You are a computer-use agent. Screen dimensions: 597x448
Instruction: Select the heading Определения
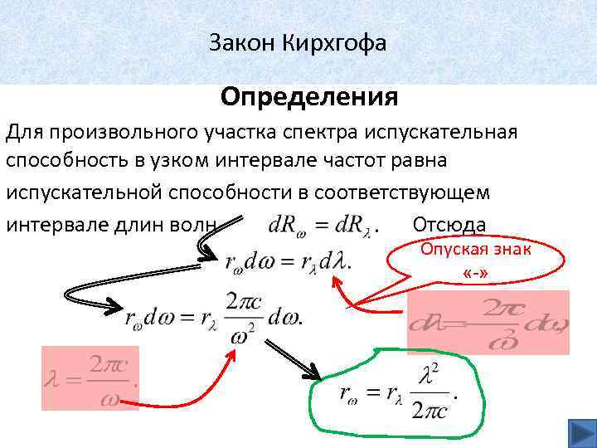coord(309,98)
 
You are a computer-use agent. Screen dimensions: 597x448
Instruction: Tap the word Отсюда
coord(449,224)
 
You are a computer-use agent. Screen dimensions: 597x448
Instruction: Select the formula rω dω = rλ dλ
coord(288,262)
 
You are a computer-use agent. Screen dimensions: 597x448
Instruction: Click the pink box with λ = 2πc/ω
coord(90,378)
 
